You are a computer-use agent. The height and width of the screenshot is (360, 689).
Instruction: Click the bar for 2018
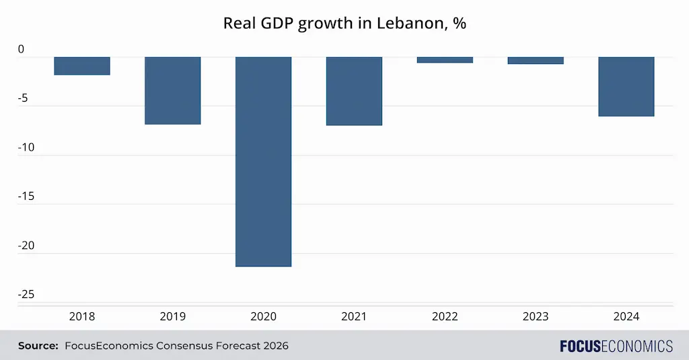82,66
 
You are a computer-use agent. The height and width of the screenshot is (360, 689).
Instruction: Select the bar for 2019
173,91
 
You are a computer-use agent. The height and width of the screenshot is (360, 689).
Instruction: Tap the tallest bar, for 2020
263,161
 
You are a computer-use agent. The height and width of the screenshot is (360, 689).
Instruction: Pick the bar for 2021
354,92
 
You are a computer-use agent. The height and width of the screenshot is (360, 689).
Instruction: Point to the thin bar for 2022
445,60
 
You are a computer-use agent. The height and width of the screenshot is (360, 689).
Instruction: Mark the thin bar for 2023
536,61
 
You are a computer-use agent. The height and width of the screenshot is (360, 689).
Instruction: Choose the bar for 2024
626,87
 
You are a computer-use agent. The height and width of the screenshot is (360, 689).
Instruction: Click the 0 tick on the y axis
22,49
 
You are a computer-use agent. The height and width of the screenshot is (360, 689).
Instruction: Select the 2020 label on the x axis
263,316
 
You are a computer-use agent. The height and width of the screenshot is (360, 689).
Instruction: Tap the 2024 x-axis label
626,316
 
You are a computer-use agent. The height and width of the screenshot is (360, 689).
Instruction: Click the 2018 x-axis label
82,316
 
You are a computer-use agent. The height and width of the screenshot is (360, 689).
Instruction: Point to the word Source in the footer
38,346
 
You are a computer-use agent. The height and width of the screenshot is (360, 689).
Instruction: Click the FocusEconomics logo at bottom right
616,346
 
